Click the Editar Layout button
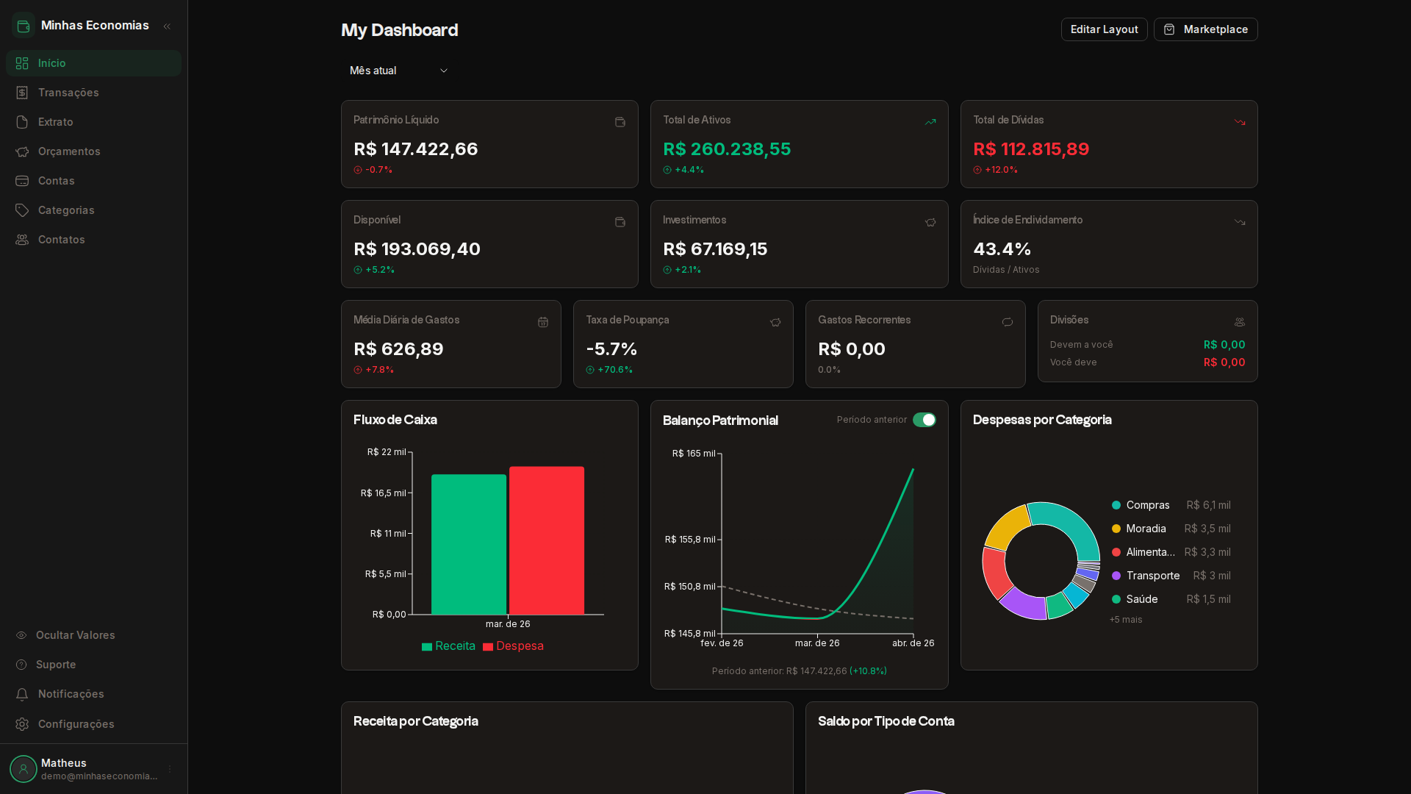(x=1104, y=29)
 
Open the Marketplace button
(x=1205, y=29)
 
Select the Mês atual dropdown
(x=398, y=71)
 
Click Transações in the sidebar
(x=68, y=93)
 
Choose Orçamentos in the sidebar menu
(x=69, y=151)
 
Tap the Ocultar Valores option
(x=75, y=635)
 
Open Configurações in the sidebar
(x=76, y=724)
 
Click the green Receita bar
(x=468, y=544)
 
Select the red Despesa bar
(x=547, y=540)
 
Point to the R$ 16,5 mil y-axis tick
(x=383, y=493)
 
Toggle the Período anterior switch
(x=924, y=420)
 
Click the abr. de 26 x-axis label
(x=913, y=643)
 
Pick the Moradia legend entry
(x=1145, y=529)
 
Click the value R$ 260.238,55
(x=727, y=149)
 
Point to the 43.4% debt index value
(x=1002, y=249)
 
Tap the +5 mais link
(x=1126, y=620)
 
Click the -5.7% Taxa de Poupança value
(x=611, y=349)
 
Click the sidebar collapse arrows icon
(x=167, y=26)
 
